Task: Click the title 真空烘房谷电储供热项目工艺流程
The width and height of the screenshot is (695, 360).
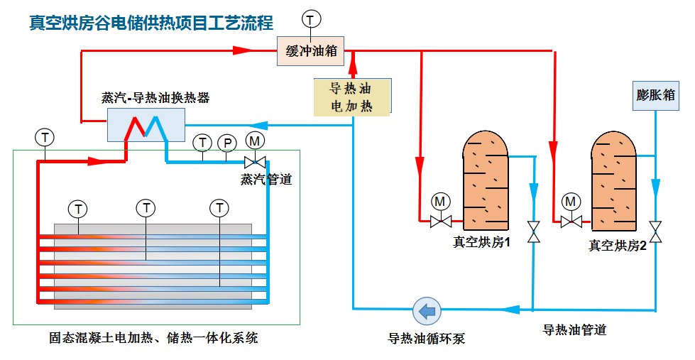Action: pyautogui.click(x=151, y=23)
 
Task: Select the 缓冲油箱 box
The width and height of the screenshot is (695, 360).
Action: pyautogui.click(x=311, y=51)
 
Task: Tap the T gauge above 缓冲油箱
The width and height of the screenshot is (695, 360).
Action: pyautogui.click(x=311, y=17)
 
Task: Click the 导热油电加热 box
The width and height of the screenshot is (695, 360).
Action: pyautogui.click(x=352, y=97)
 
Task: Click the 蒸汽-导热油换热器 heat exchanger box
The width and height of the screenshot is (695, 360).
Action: pyautogui.click(x=146, y=124)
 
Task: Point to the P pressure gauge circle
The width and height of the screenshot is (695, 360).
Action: pyautogui.click(x=227, y=143)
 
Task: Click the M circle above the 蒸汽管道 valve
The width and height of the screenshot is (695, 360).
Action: pyautogui.click(x=254, y=141)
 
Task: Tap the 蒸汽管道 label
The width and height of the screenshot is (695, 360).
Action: pyautogui.click(x=266, y=180)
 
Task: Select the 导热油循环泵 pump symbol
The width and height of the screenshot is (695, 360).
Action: pyautogui.click(x=427, y=310)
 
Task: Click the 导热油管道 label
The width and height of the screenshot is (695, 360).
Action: pyautogui.click(x=574, y=330)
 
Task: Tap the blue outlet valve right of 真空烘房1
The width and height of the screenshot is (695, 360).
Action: pyautogui.click(x=533, y=230)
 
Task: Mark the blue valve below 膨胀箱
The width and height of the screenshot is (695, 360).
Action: pyautogui.click(x=656, y=230)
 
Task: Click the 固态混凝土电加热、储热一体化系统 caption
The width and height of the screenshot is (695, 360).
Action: pyautogui.click(x=148, y=338)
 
